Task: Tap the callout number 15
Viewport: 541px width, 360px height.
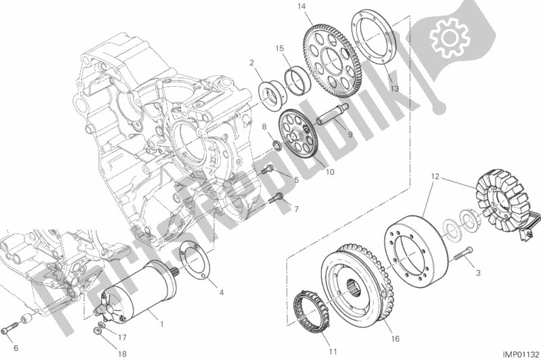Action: (279, 48)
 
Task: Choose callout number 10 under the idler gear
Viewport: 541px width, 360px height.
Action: (330, 172)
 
